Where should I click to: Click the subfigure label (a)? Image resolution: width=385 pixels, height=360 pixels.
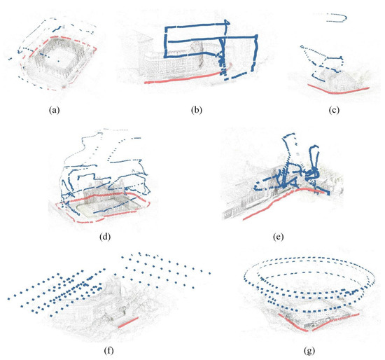(55, 110)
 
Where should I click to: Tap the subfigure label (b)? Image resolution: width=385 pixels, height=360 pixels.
(197, 110)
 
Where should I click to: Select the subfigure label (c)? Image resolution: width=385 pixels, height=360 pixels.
(334, 110)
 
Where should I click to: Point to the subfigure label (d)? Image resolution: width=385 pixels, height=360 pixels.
(105, 237)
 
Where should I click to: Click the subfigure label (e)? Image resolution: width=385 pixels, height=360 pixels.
(278, 237)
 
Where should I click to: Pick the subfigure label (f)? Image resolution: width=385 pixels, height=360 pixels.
(108, 350)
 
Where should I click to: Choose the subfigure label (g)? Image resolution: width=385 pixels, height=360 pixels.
(309, 350)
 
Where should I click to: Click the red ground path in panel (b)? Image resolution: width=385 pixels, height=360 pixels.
(187, 78)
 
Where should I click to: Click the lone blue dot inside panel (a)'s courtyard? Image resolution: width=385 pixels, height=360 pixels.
(58, 60)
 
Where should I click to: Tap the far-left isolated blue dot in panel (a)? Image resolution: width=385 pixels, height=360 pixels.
(10, 59)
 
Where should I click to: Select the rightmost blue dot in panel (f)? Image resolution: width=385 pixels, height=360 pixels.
(210, 273)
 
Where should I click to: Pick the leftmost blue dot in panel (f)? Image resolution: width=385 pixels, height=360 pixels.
(9, 299)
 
